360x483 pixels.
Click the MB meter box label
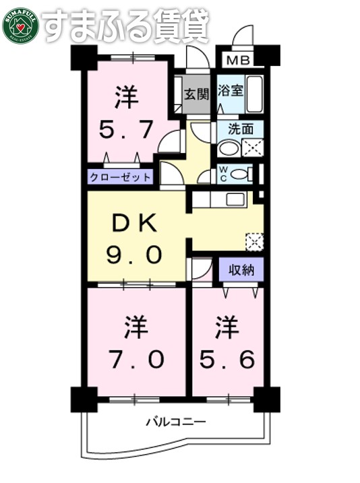tap(237, 61)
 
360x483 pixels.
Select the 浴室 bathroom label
tap(230, 88)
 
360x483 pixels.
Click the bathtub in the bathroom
tap(254, 94)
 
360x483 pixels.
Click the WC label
tap(222, 174)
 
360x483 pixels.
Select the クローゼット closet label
tap(120, 178)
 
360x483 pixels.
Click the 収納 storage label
tap(239, 270)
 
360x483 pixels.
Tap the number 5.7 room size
tap(126, 129)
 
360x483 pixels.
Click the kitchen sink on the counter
tap(235, 199)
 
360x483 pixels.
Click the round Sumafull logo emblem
tap(20, 25)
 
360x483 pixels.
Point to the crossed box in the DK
tap(255, 240)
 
